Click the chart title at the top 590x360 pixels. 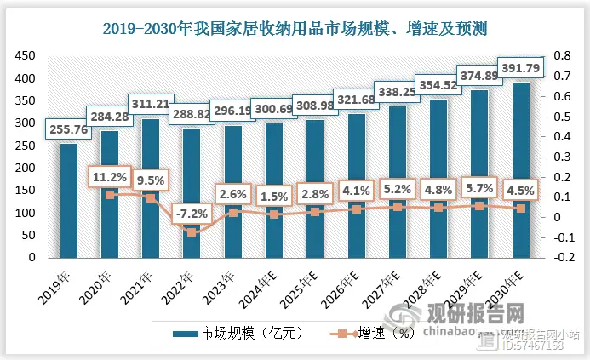tap(295, 29)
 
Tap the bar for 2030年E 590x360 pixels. tap(520, 170)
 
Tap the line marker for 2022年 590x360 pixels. tap(192, 231)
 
